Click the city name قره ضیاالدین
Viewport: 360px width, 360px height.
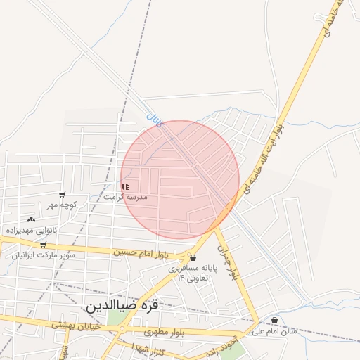pyautogui.click(x=131, y=307)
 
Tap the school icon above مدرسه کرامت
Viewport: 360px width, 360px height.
pyautogui.click(x=125, y=186)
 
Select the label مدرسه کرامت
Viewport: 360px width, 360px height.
pyautogui.click(x=125, y=197)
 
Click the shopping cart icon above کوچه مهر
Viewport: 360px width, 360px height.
pyautogui.click(x=62, y=195)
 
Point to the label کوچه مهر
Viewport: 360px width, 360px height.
pyautogui.click(x=61, y=205)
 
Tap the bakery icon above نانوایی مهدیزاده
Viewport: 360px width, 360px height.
pyautogui.click(x=30, y=220)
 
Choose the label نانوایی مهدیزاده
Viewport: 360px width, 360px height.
pyautogui.click(x=32, y=230)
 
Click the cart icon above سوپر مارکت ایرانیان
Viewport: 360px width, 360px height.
pyautogui.click(x=43, y=245)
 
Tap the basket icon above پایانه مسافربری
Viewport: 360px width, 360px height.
pyautogui.click(x=193, y=258)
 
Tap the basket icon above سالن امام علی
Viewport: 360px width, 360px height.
pyautogui.click(x=274, y=321)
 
